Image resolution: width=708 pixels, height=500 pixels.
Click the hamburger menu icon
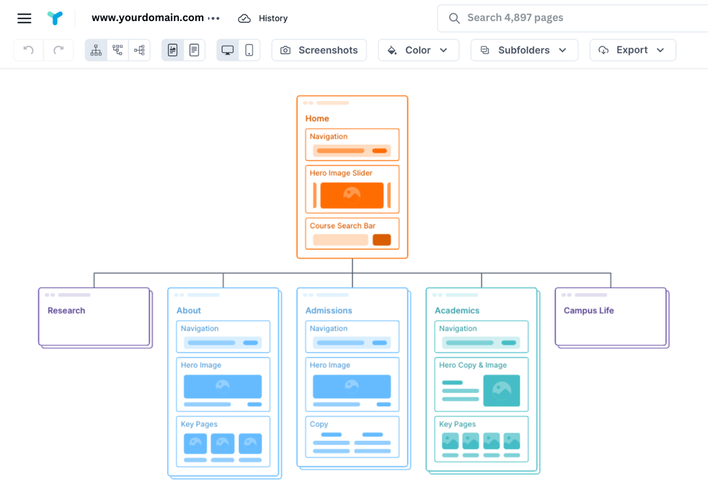click(x=24, y=18)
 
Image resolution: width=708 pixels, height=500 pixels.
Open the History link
click(x=263, y=18)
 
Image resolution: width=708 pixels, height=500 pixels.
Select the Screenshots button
click(x=319, y=50)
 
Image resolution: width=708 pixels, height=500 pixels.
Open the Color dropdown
click(x=418, y=50)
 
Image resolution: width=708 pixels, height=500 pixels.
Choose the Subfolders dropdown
click(x=524, y=50)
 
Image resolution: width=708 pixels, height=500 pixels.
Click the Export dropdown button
click(x=632, y=50)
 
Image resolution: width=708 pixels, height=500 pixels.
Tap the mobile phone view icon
click(x=249, y=50)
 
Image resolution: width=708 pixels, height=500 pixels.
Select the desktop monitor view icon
click(x=227, y=50)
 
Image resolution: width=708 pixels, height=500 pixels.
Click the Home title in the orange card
click(x=317, y=119)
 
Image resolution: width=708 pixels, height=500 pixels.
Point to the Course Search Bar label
click(x=343, y=225)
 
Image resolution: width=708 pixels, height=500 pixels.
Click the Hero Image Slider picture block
click(x=352, y=195)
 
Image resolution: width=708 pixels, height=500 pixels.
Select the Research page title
click(x=66, y=311)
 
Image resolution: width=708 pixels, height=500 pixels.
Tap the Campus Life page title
click(x=589, y=311)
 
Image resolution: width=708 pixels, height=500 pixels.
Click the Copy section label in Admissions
click(x=319, y=424)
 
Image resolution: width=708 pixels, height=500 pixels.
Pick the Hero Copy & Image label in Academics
click(x=473, y=365)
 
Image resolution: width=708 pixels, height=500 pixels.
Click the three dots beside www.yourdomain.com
click(x=214, y=19)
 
